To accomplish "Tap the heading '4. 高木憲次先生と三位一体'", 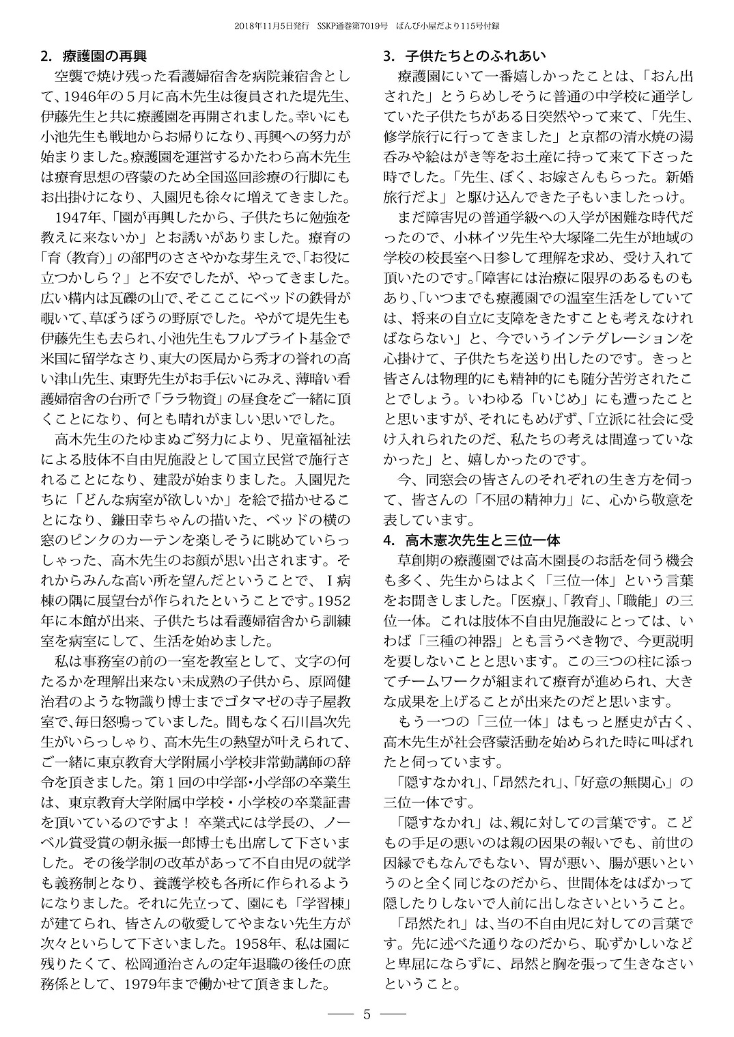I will pos(472,540).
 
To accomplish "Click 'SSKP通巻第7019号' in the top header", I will pos(354,26).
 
